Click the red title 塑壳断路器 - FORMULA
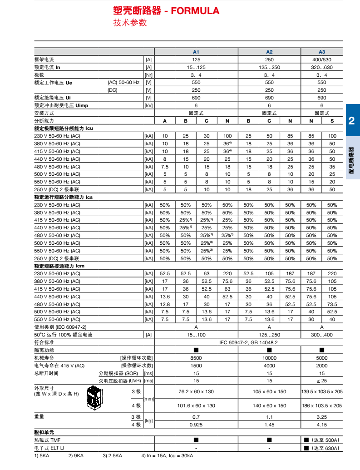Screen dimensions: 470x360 tap(166, 11)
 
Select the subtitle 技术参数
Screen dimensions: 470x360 tap(130, 23)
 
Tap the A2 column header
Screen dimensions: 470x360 tap(269, 52)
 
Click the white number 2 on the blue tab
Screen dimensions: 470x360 tap(351, 121)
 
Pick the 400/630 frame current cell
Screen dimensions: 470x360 tap(321, 59)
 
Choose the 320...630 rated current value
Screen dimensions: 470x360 tap(321, 67)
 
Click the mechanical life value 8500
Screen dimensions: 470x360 tap(196, 358)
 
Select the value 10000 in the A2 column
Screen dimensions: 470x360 tap(269, 358)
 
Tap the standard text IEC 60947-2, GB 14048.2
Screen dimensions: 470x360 tap(248, 342)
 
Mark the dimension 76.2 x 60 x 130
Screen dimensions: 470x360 tap(196, 391)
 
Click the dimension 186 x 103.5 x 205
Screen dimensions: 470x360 tap(322, 406)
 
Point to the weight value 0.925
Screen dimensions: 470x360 tap(196, 424)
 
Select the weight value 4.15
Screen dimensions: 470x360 tap(321, 424)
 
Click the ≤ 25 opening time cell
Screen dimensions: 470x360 tap(321, 381)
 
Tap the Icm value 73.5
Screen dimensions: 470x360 tap(332, 304)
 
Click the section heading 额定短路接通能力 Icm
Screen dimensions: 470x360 tap(59, 266)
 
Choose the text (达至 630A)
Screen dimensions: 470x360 tap(325, 448)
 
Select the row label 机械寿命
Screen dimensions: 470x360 tap(44, 358)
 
